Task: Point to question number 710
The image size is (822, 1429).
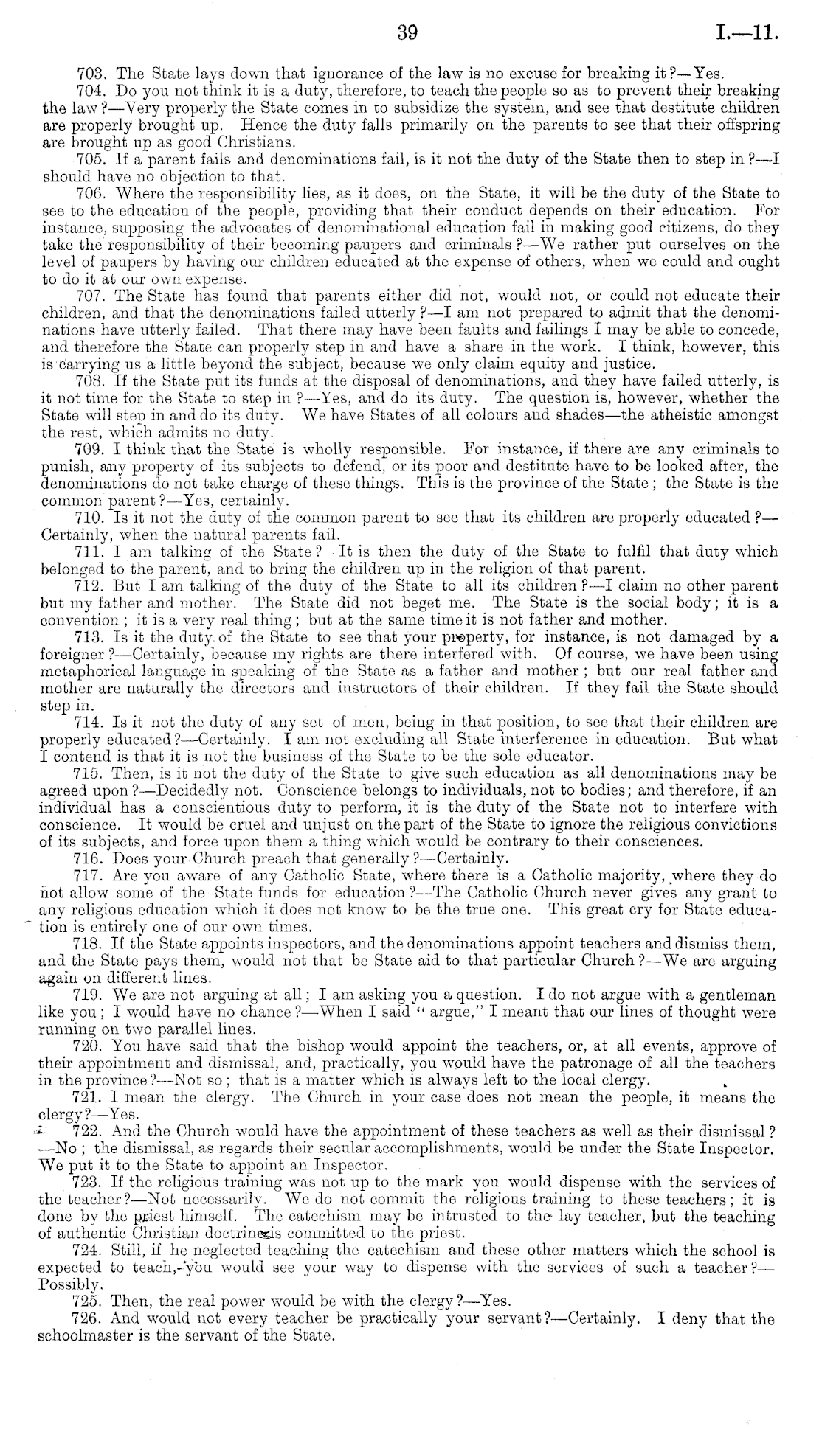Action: click(92, 518)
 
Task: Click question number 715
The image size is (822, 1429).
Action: click(92, 773)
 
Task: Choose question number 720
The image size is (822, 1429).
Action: click(92, 1047)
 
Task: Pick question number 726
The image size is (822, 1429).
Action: click(92, 1319)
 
